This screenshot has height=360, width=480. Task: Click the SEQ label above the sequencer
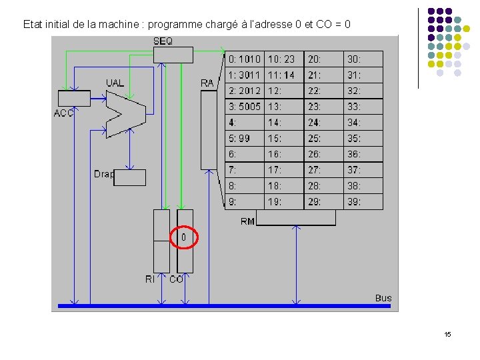(x=163, y=41)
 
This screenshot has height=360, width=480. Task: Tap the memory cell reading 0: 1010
(x=245, y=59)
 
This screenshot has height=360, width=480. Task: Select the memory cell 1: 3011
(x=245, y=75)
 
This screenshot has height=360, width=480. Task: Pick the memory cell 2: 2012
(x=245, y=91)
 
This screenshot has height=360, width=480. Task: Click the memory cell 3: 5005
(x=245, y=107)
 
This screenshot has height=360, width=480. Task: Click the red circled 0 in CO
(x=185, y=237)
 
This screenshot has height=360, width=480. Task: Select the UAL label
(x=115, y=83)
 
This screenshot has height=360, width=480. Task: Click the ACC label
(x=63, y=113)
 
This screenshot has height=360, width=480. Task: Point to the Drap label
(x=103, y=174)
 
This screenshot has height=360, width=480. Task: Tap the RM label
(x=247, y=221)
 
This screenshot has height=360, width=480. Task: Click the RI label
(x=150, y=279)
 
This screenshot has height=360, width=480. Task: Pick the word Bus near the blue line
(x=383, y=298)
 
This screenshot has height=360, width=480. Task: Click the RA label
(x=207, y=83)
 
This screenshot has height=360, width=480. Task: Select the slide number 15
(x=447, y=334)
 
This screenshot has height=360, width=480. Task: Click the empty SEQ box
(x=173, y=55)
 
